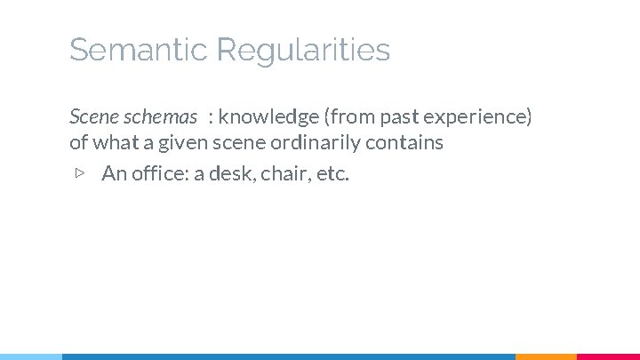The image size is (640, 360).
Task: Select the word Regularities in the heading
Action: click(303, 51)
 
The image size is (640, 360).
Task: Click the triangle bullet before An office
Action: click(78, 172)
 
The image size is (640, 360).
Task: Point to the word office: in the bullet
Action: click(158, 172)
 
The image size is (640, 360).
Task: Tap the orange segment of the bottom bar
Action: click(546, 356)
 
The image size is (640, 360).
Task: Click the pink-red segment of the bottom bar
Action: click(608, 356)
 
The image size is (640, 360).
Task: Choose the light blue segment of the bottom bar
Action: click(31, 356)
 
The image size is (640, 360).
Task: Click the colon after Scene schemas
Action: click(211, 118)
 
